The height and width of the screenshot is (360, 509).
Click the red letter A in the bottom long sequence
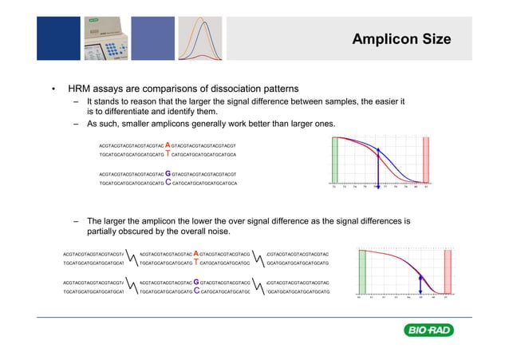tap(196, 253)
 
